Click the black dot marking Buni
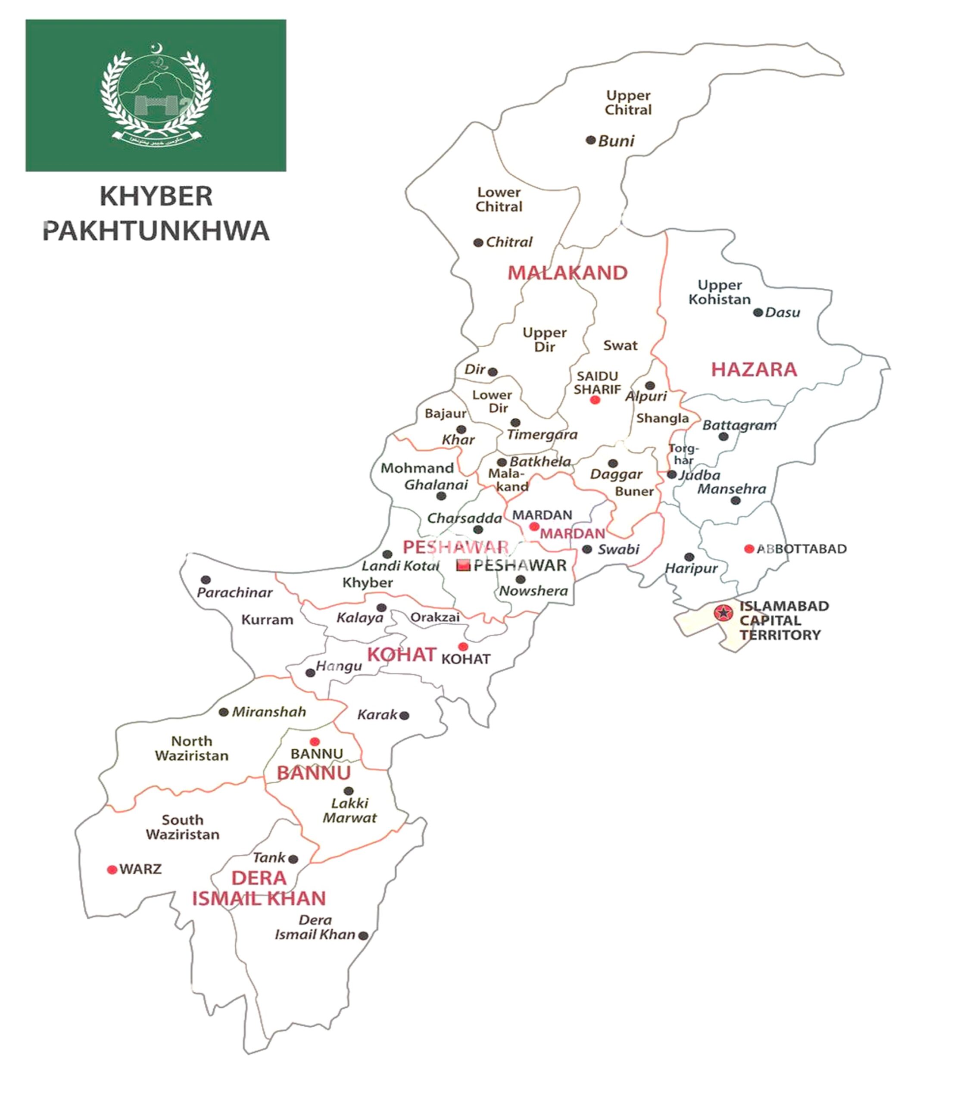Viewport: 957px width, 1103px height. click(590, 140)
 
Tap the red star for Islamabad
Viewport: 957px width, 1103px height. click(723, 612)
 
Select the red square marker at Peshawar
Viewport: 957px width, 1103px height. click(464, 565)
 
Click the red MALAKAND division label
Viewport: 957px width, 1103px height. click(567, 273)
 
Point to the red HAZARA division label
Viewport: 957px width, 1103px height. click(754, 369)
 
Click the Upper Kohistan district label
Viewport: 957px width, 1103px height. click(719, 292)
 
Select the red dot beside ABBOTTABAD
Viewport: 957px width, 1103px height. click(749, 549)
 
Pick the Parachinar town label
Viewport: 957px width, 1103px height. click(234, 592)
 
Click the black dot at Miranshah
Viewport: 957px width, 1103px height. click(224, 712)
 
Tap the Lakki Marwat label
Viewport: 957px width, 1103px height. click(349, 810)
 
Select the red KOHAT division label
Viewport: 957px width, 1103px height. click(402, 654)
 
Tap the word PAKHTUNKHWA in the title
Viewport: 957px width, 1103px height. click(156, 231)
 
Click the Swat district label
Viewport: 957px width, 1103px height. click(620, 346)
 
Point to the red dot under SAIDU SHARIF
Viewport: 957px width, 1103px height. click(595, 400)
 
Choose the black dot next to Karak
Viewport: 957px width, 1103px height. click(404, 715)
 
